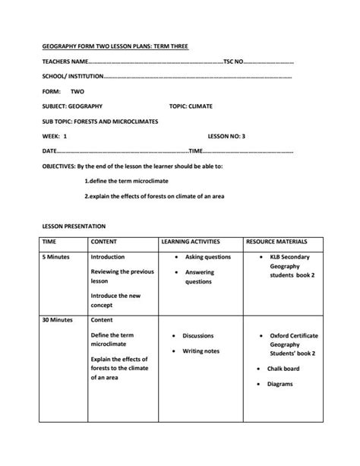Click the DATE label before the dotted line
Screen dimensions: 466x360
(x=50, y=151)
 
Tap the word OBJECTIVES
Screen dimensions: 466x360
(x=58, y=165)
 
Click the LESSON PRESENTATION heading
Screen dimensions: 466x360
(x=74, y=226)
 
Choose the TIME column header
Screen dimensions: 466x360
(x=49, y=242)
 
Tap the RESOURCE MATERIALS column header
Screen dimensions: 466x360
(x=276, y=242)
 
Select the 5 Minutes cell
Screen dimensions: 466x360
(x=55, y=257)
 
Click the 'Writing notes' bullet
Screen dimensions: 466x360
(x=201, y=351)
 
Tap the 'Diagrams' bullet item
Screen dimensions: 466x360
(x=280, y=384)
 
